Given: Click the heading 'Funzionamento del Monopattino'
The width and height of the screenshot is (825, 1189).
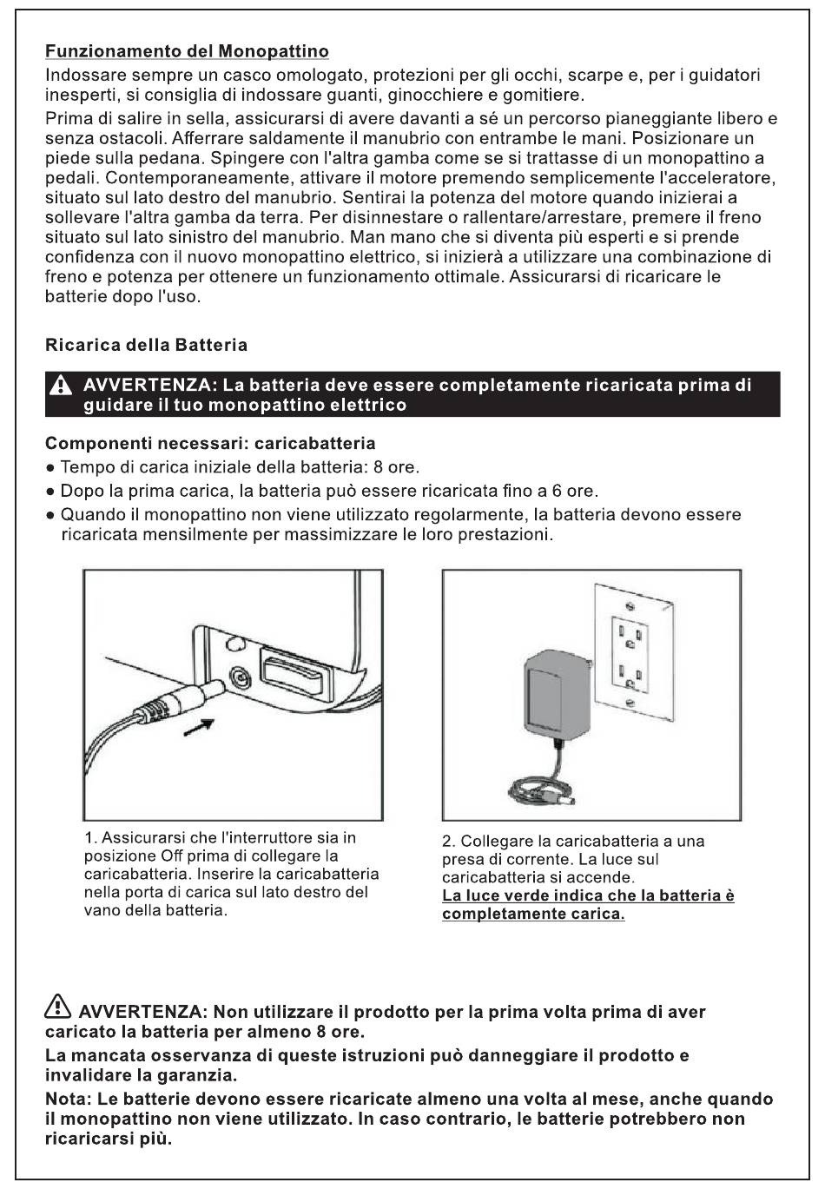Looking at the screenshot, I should [x=187, y=52].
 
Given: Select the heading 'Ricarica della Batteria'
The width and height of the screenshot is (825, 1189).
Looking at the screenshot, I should [x=146, y=346].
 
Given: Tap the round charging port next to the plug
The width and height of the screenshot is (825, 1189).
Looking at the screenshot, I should [x=238, y=677].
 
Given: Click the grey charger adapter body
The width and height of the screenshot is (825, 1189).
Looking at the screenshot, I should [x=552, y=690].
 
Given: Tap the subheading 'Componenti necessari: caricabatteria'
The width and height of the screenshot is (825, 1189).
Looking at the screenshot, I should [x=210, y=444].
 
